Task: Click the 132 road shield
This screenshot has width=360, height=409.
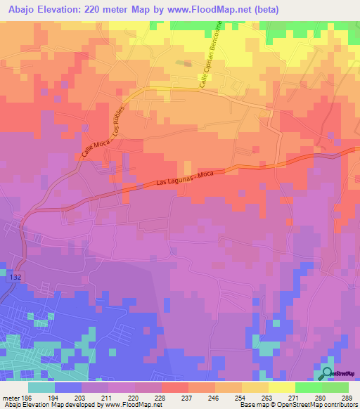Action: [x=15, y=278]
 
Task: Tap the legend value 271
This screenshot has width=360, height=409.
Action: [x=282, y=397]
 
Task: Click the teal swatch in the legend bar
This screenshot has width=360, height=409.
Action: [x=41, y=387]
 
